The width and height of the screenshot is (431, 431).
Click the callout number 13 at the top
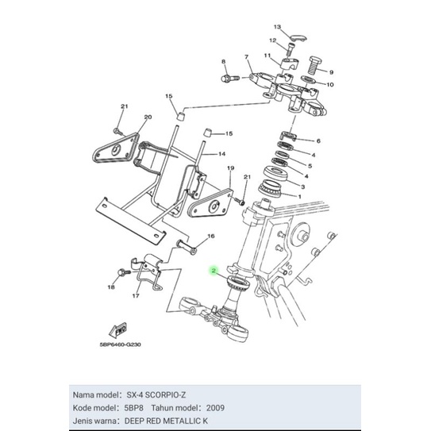click(277, 26)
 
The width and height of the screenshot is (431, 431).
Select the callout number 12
click(271, 40)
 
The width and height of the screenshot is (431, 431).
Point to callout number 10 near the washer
click(330, 84)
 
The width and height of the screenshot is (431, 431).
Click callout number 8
click(224, 61)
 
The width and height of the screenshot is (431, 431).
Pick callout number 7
click(247, 57)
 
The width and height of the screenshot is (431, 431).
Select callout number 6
click(317, 140)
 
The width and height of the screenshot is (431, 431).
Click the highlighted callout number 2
click(214, 271)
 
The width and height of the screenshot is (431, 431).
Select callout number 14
click(223, 154)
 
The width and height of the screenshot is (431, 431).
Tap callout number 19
click(231, 169)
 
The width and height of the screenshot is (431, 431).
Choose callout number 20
click(147, 117)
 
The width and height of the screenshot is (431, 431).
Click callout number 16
click(211, 237)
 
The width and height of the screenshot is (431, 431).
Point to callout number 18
click(111, 288)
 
